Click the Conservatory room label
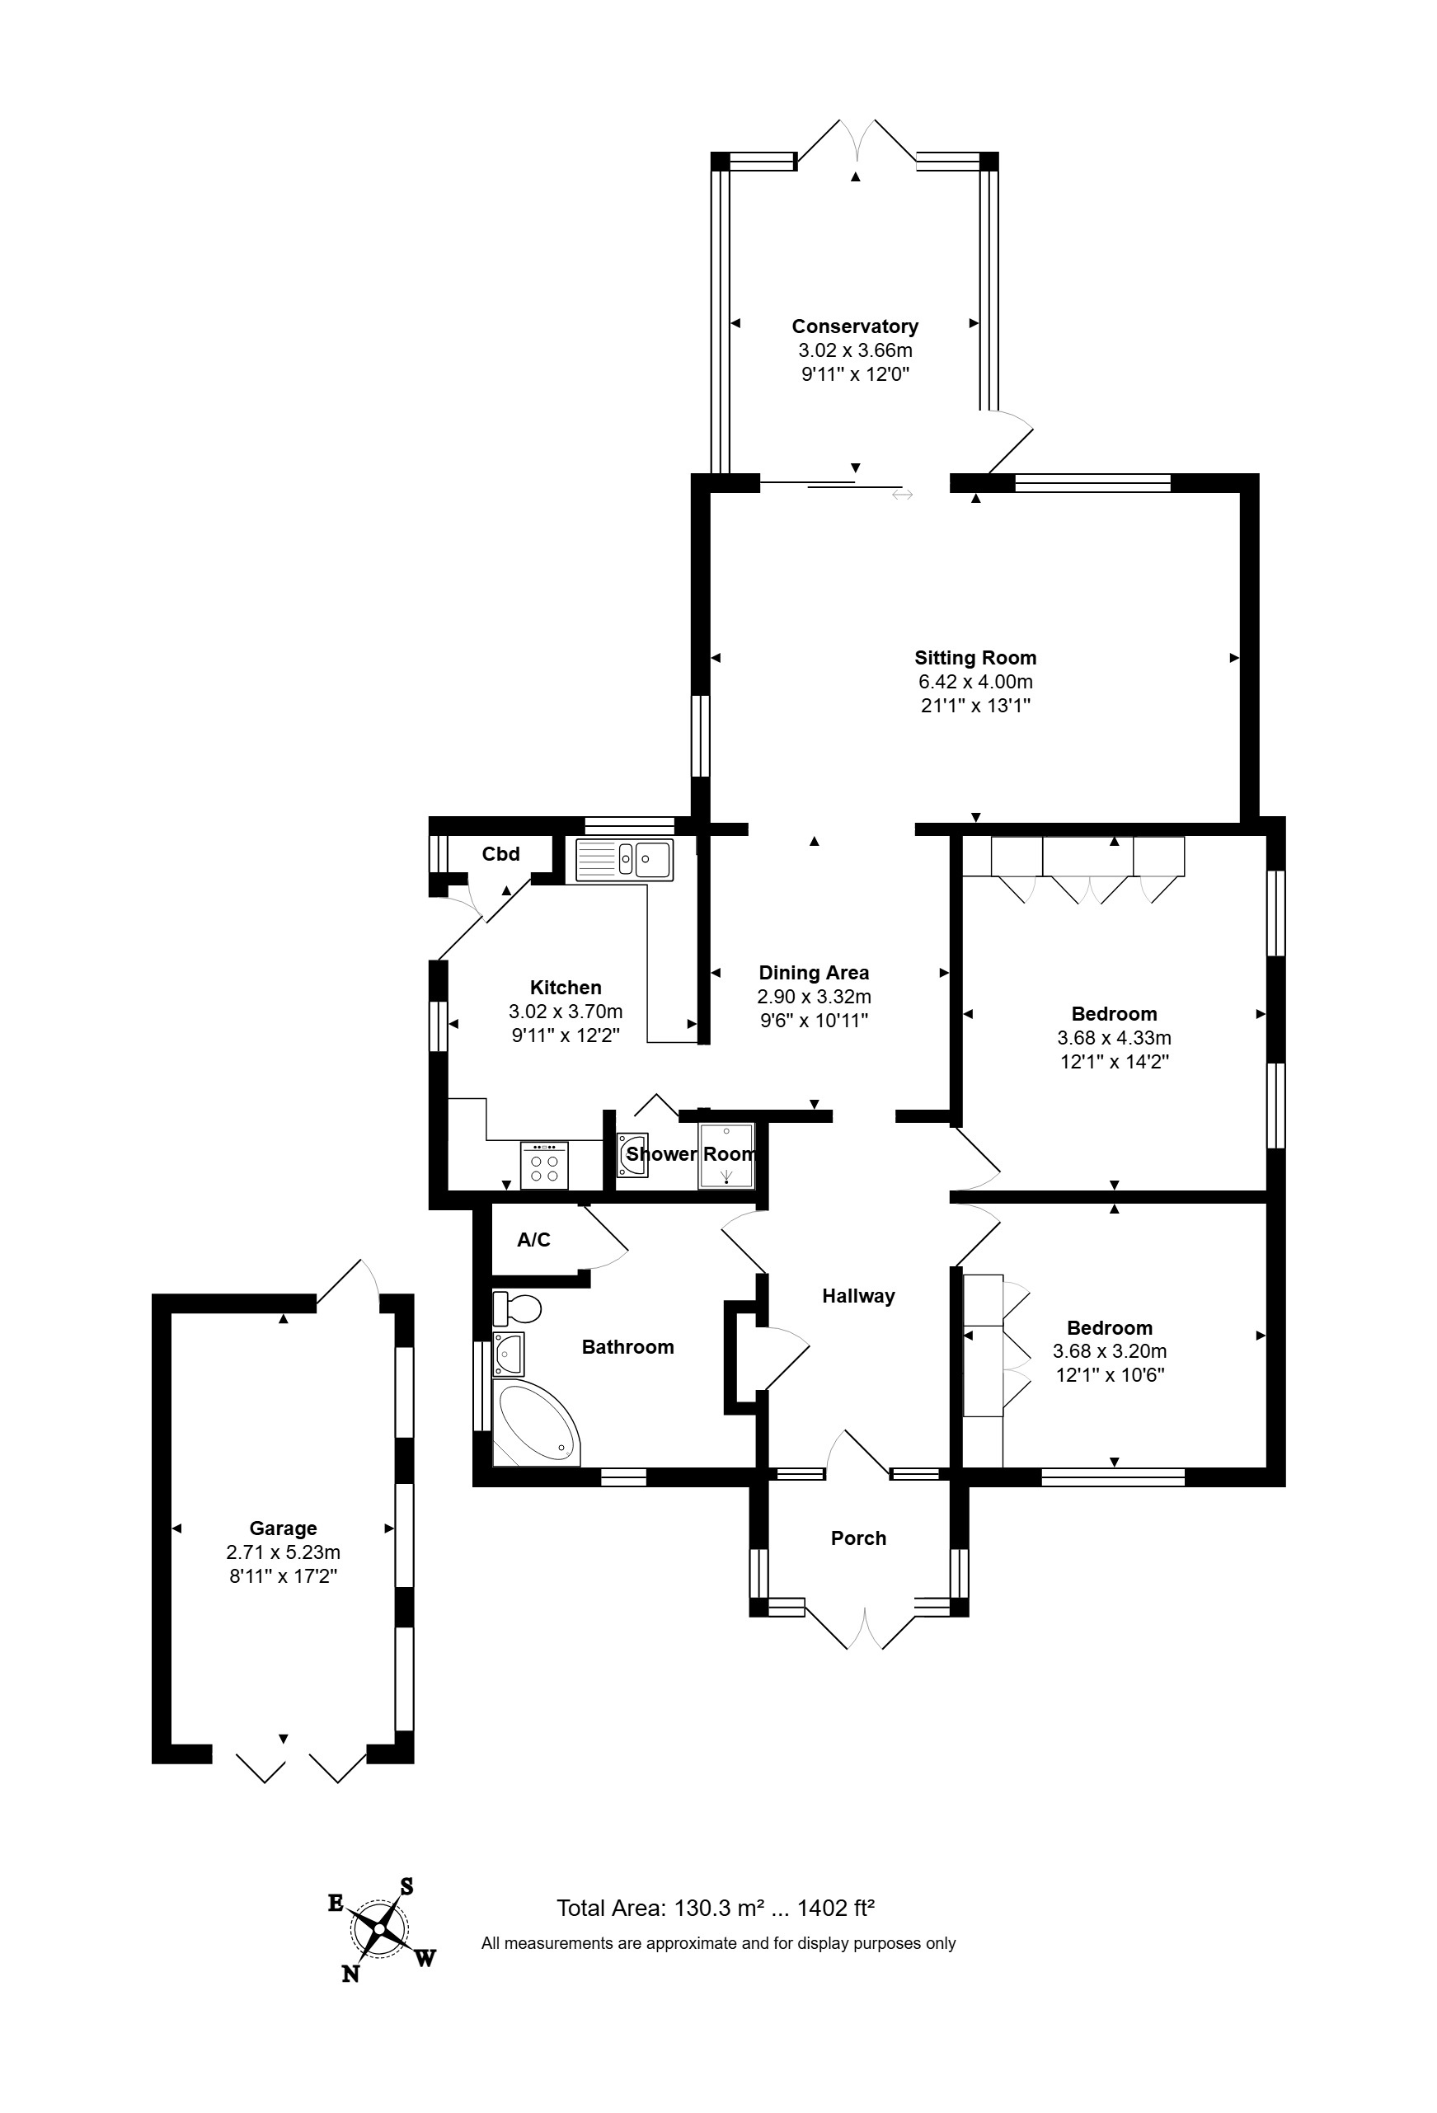point(855,326)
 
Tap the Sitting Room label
point(975,657)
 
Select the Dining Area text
point(814,973)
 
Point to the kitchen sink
point(625,859)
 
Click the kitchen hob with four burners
point(544,1166)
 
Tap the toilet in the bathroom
point(517,1309)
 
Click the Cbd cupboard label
point(500,854)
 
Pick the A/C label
point(534,1239)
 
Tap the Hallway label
point(858,1297)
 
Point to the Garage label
point(283,1528)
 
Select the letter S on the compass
point(406,1886)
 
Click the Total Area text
point(716,1908)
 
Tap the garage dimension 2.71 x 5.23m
point(283,1552)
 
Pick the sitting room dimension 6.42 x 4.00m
point(975,682)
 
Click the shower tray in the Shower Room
point(726,1156)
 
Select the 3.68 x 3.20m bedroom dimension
point(1110,1351)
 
